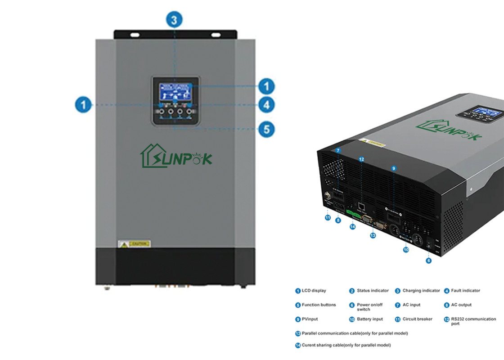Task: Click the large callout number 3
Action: [174, 20]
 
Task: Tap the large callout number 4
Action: [266, 105]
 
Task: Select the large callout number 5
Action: [266, 130]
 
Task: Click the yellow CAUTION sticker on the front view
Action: [134, 244]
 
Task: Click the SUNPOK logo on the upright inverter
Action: [176, 156]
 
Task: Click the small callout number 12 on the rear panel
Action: [361, 158]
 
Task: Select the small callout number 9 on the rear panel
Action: [393, 168]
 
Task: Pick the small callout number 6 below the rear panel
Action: [428, 261]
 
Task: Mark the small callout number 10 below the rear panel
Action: [406, 249]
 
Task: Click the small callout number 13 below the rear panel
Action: [373, 235]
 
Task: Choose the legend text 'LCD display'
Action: [314, 291]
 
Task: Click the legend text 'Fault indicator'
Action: [465, 291]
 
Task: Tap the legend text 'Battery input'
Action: [369, 319]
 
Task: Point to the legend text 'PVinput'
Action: [310, 319]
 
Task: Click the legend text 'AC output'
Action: [461, 305]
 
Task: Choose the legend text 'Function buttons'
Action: [319, 305]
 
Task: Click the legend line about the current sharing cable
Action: [346, 345]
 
